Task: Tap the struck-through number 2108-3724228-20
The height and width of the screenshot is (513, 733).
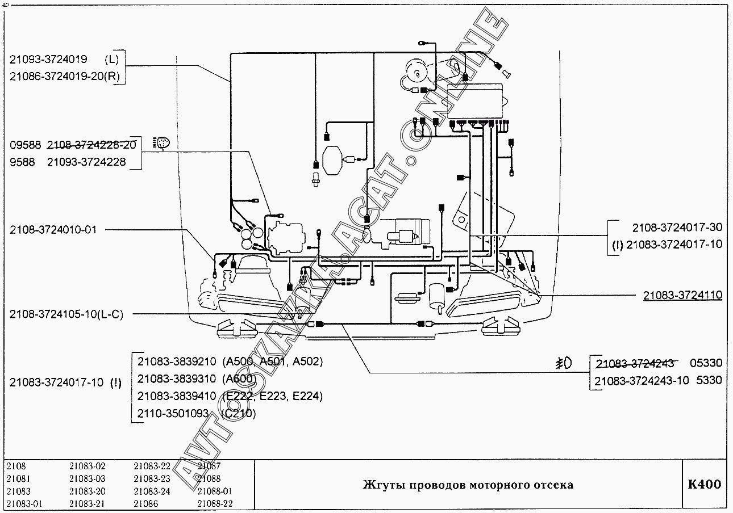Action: [91, 145]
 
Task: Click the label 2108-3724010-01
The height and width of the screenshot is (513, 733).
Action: [53, 230]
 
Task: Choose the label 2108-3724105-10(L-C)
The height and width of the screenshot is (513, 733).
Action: [66, 314]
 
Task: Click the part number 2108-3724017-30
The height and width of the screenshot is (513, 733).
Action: [677, 228]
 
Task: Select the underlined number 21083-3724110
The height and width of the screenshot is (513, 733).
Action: [682, 295]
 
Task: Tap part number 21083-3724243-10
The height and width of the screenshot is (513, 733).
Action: [642, 380]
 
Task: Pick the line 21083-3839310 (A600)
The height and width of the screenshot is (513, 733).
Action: [197, 379]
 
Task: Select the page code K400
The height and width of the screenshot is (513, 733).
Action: [704, 485]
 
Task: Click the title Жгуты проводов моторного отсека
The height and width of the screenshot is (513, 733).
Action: [468, 485]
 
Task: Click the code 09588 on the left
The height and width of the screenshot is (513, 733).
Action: [23, 145]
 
